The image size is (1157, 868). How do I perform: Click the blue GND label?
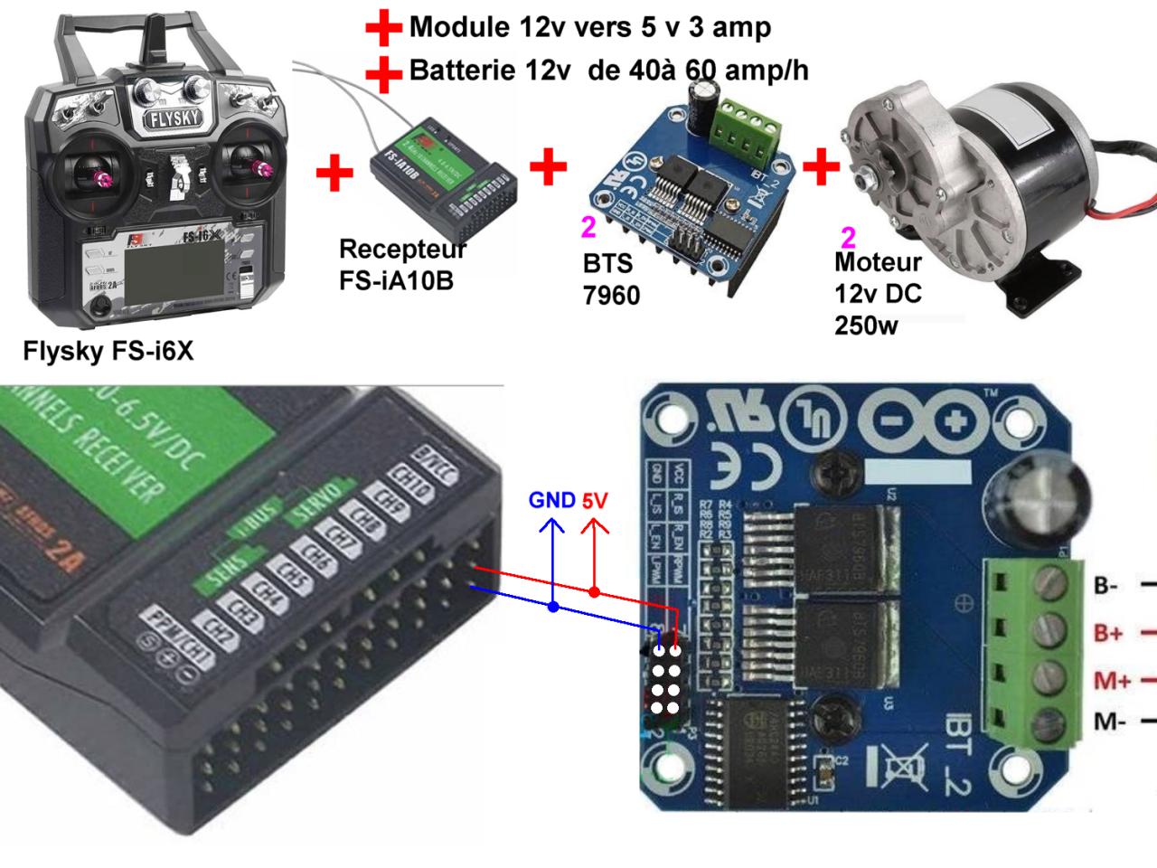[551, 500]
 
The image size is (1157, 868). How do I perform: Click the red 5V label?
[595, 500]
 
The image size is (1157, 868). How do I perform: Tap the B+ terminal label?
[1108, 633]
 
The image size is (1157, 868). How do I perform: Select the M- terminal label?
[1108, 722]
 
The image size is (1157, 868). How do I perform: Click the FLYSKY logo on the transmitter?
[170, 119]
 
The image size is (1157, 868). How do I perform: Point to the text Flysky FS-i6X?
[108, 350]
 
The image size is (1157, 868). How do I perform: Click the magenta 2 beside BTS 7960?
[588, 228]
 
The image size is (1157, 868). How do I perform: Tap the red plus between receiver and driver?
[548, 166]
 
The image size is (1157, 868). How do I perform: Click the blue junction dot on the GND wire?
[553, 608]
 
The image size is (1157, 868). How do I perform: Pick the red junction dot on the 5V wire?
[594, 592]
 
